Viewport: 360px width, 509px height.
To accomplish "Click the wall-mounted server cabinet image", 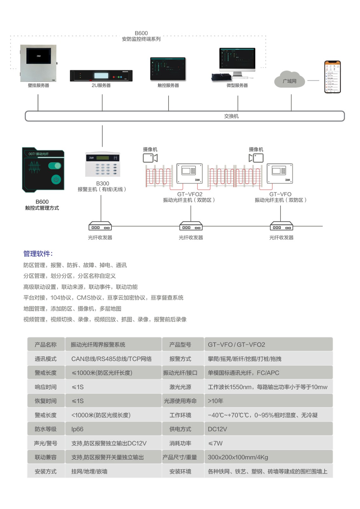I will point(38,63).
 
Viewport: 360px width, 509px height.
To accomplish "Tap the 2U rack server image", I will point(101,76).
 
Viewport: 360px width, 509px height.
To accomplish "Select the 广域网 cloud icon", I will point(289,80).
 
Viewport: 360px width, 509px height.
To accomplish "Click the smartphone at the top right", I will point(332,77).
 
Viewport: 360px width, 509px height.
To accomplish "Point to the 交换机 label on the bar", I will point(231,116).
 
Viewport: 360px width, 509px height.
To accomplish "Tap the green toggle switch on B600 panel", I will point(55,166).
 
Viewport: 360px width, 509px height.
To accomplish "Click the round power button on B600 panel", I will point(56,179).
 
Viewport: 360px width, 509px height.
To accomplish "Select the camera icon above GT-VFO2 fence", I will point(150,158).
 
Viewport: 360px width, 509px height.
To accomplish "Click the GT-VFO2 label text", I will point(190,194).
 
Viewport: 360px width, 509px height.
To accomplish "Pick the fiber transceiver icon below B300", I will point(100,226).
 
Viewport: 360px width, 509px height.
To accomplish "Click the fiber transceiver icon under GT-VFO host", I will point(281,226).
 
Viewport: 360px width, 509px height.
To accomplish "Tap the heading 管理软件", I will point(38,254).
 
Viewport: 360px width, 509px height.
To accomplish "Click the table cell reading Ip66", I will point(77,429).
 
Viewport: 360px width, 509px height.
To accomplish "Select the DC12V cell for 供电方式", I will point(218,429).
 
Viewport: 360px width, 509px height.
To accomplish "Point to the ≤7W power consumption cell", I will point(215,443).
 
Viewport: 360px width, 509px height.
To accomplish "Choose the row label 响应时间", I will point(45,387).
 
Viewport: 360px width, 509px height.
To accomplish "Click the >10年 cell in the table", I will point(216,401).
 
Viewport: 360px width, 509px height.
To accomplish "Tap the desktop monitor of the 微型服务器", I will point(237,59).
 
